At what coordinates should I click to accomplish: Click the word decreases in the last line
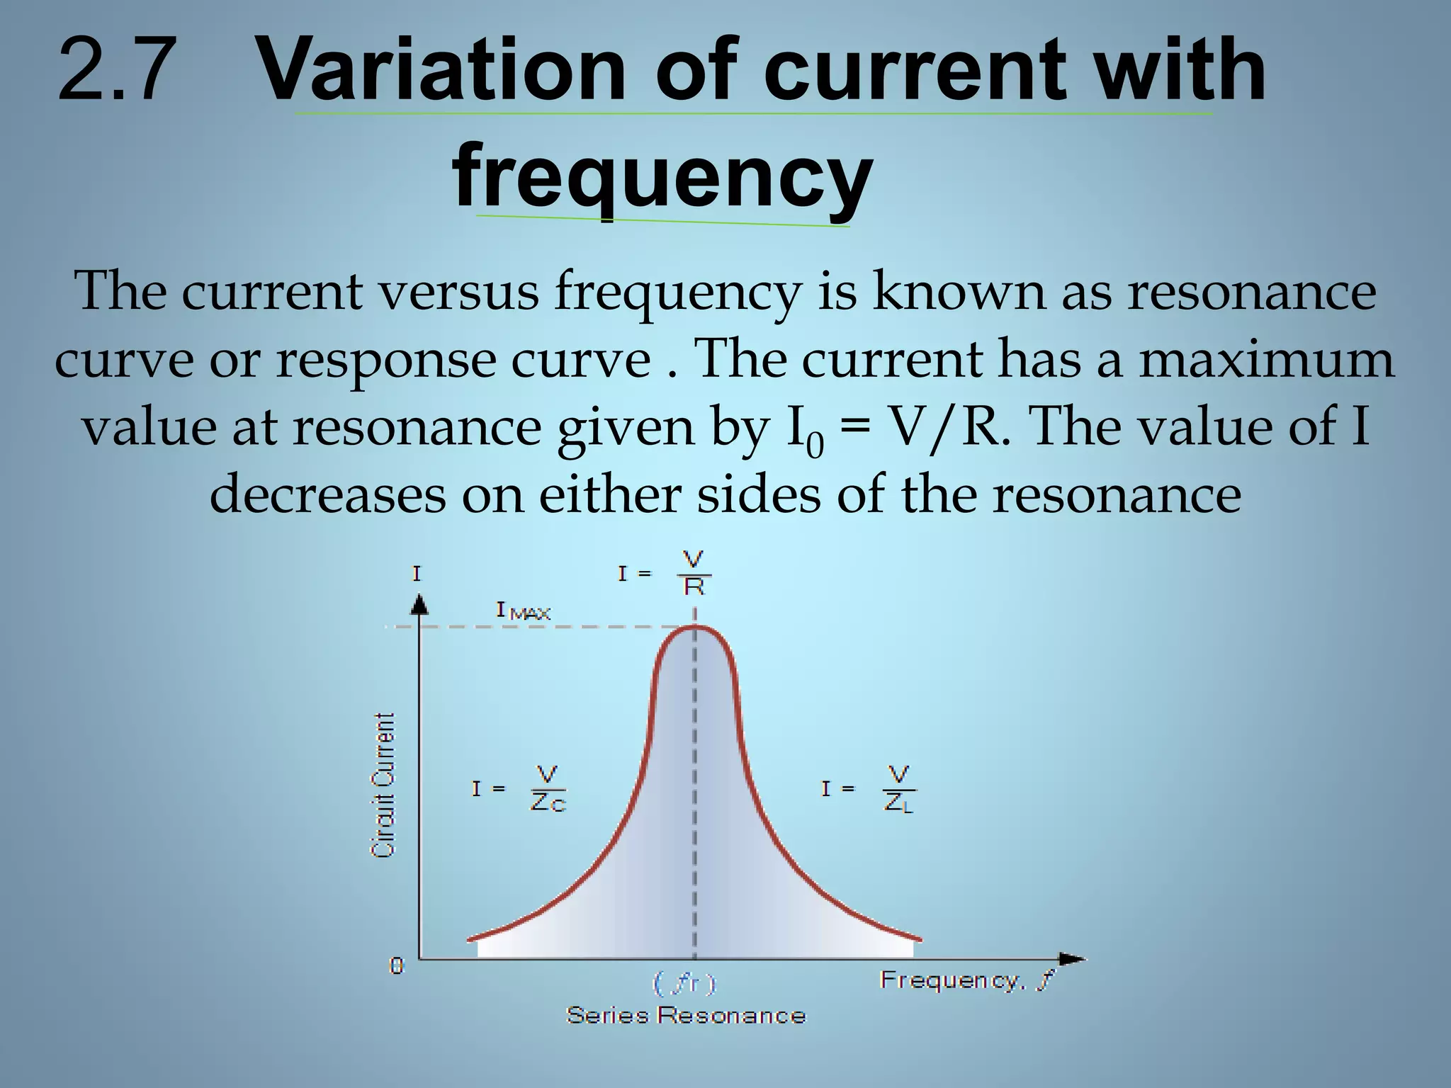(x=327, y=494)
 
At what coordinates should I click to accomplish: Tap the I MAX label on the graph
(x=523, y=611)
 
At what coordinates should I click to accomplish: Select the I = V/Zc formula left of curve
(x=519, y=788)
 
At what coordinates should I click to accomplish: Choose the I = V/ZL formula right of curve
(x=869, y=788)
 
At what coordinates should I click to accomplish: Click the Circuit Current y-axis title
(x=383, y=786)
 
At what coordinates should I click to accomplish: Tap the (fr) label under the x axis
(x=684, y=983)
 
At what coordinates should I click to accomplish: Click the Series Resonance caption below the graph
(x=686, y=1016)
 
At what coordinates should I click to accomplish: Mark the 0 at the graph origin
(x=397, y=965)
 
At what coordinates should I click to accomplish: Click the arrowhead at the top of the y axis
(x=419, y=604)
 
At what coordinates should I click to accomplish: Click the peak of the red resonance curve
(x=694, y=627)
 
